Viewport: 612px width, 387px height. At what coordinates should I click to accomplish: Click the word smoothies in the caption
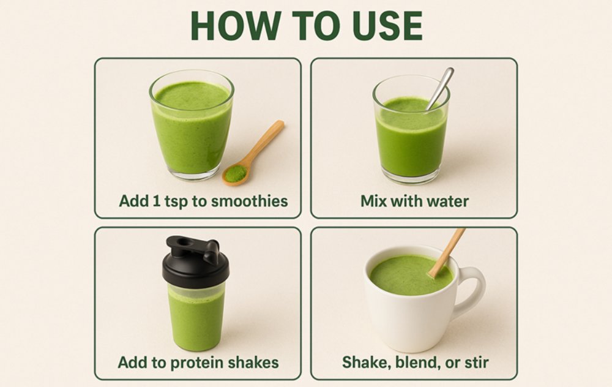point(250,201)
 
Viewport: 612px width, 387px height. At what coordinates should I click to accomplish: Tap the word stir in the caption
point(476,363)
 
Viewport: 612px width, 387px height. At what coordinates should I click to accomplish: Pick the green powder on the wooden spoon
point(236,173)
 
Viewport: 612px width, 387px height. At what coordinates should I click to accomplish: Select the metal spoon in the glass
point(440,89)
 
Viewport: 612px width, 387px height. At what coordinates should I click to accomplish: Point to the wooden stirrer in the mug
point(447,253)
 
